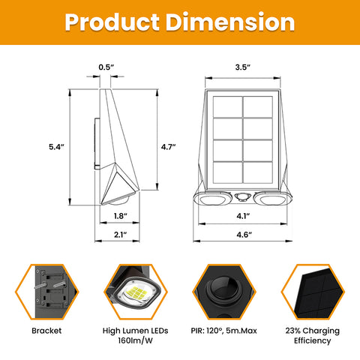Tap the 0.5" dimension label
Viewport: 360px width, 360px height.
tap(106, 68)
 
